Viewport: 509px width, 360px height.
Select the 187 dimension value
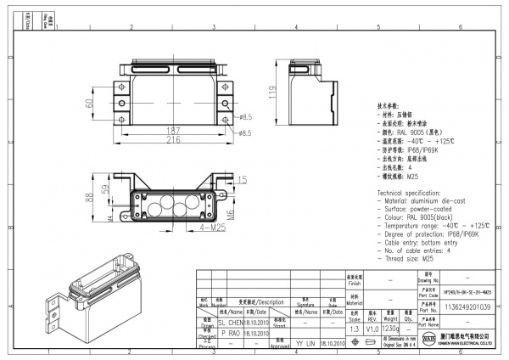point(173,129)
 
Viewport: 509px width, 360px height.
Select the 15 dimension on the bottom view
point(243,179)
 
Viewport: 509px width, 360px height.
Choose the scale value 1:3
point(355,328)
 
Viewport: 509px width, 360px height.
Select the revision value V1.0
point(372,328)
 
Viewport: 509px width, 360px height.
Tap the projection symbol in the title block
point(372,342)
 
